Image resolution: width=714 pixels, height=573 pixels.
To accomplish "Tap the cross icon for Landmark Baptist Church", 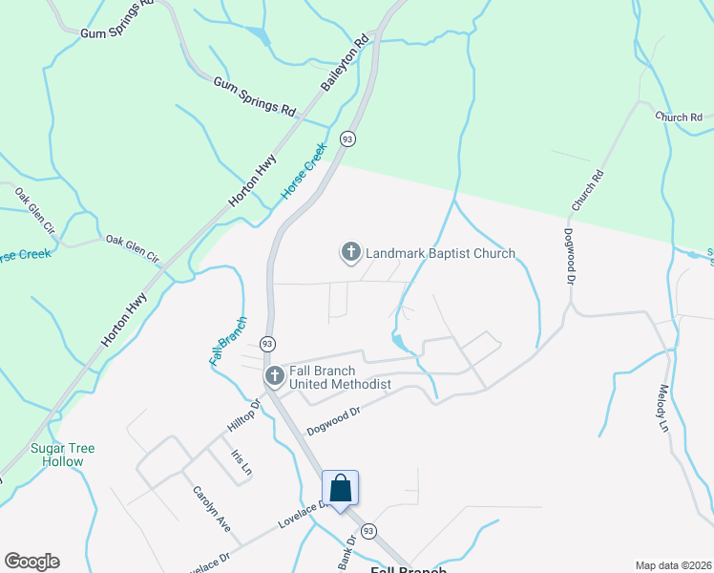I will [350, 252].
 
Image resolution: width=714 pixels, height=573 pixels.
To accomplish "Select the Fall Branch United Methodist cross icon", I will [274, 376].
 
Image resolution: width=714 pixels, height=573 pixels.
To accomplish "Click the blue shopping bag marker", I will [341, 489].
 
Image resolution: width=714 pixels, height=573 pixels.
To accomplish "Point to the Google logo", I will [31, 562].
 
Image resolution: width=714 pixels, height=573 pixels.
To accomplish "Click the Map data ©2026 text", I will [672, 565].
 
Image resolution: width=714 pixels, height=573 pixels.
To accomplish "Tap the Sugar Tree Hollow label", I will [57, 455].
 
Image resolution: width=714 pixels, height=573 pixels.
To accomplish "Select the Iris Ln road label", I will [241, 463].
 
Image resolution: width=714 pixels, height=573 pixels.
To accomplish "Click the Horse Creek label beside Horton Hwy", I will [304, 171].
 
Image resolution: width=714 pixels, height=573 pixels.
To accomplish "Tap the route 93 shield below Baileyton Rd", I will [347, 139].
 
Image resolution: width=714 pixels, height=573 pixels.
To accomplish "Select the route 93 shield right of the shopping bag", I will [369, 530].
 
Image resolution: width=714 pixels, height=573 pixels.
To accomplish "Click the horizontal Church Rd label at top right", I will [678, 117].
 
